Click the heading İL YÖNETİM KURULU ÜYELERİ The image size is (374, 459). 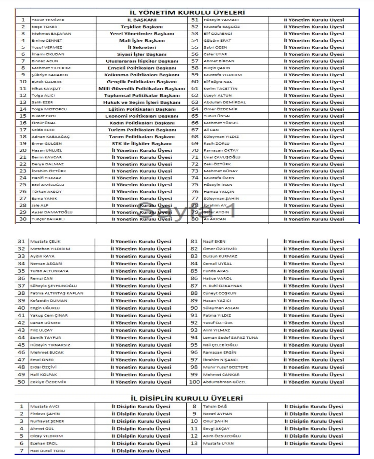[x=187, y=12]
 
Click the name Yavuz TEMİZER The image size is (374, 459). [x=48, y=20]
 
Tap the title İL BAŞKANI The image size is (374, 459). [x=142, y=20]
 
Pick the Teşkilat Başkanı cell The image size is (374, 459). [x=142, y=27]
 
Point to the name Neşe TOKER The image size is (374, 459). [x=44, y=27]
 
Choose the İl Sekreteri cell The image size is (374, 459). [x=142, y=47]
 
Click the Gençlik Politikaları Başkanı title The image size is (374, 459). [x=142, y=82]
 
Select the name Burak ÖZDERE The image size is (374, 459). [x=46, y=82]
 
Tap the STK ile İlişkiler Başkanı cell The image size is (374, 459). [x=142, y=144]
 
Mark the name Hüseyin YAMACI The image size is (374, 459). [x=221, y=20]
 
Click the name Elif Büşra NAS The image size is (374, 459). [x=218, y=82]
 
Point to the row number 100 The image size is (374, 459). [x=194, y=382]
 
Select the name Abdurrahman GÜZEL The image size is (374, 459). [x=225, y=382]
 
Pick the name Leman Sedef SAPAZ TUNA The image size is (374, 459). [x=230, y=338]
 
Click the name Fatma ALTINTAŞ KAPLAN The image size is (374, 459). [x=56, y=293]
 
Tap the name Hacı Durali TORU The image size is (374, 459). [x=47, y=451]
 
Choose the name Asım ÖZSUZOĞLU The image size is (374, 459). [x=222, y=436]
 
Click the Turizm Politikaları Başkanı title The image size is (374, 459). [x=142, y=130]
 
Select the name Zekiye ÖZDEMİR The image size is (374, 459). [x=48, y=382]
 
